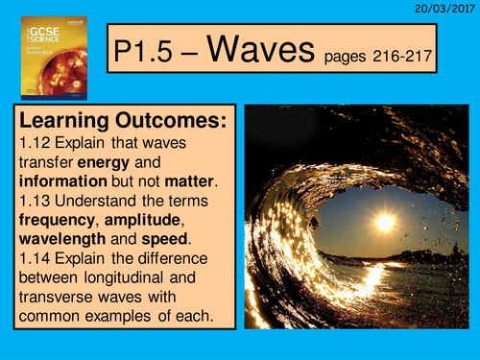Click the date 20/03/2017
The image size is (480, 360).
point(445,8)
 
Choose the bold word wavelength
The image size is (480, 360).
point(58,248)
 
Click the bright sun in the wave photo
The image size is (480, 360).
point(385,222)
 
